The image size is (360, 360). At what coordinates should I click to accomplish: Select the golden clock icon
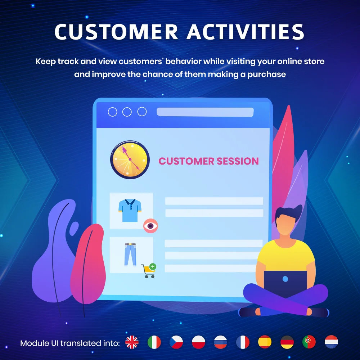130,159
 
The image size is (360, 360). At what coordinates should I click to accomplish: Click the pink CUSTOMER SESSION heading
209,161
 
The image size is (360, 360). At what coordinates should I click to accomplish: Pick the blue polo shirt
130,210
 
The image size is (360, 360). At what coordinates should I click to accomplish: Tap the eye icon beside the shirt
150,226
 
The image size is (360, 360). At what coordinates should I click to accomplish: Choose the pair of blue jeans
131,254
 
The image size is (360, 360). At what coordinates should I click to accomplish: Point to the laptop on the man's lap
285,283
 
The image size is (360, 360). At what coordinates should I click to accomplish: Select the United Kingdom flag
132,342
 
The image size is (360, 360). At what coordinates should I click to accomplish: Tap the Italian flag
154,342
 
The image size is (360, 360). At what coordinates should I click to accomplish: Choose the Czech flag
176,342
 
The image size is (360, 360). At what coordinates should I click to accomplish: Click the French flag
243,342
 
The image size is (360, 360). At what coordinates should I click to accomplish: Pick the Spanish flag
265,342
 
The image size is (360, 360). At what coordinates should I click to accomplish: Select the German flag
287,342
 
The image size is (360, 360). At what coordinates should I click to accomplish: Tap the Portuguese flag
309,342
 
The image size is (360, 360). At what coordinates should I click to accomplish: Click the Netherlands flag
331,342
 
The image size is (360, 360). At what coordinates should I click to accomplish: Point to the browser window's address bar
205,112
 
